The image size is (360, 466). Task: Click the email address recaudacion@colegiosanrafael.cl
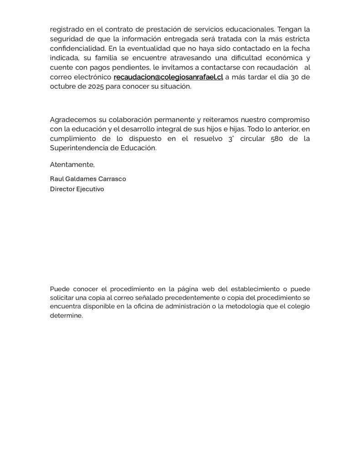pyautogui.click(x=168, y=77)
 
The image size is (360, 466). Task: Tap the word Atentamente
pyautogui.click(x=72, y=164)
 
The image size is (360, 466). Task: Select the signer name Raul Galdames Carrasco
pyautogui.click(x=88, y=179)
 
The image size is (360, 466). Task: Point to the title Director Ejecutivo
pyautogui.click(x=77, y=189)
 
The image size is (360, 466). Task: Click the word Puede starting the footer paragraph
pyautogui.click(x=59, y=289)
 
